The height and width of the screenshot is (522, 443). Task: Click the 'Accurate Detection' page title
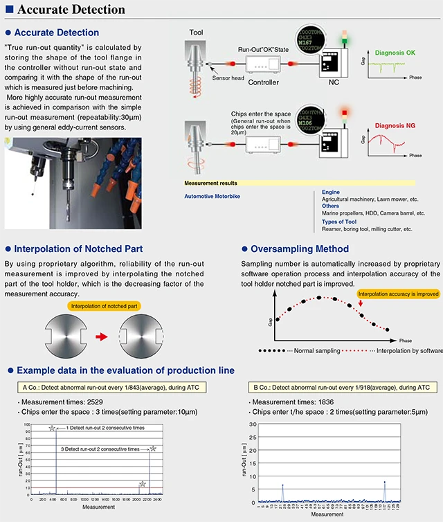click(x=69, y=10)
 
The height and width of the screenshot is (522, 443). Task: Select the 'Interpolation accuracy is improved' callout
click(x=399, y=294)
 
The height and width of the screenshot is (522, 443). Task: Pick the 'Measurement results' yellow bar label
click(x=211, y=183)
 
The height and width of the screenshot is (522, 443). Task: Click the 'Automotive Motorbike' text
click(x=217, y=196)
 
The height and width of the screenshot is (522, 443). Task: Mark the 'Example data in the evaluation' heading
click(x=125, y=370)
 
